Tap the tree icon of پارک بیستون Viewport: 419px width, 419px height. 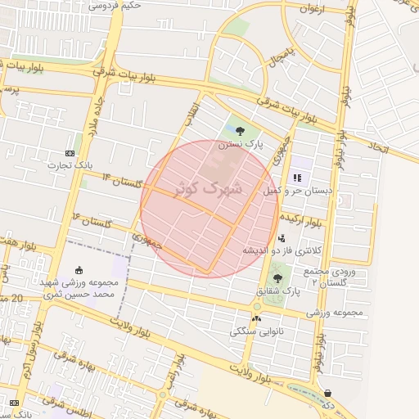[x=240, y=130]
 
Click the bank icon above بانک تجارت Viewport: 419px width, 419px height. [x=70, y=153]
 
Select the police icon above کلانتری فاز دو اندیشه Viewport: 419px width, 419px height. [x=282, y=238]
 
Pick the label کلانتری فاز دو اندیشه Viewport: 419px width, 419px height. [x=282, y=250]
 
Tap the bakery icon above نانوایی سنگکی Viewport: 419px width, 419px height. [x=257, y=319]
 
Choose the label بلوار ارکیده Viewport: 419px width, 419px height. [x=302, y=219]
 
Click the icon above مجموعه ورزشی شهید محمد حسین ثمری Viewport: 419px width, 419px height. [x=79, y=271]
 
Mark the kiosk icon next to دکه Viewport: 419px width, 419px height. [x=328, y=393]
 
